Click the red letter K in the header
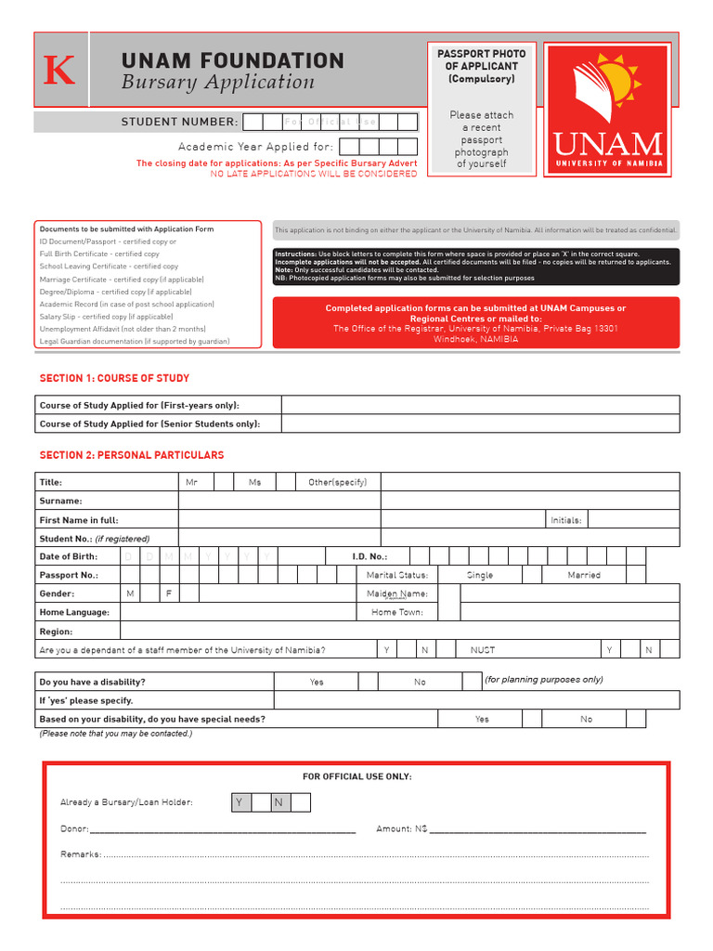click(x=59, y=72)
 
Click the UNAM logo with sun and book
click(x=607, y=111)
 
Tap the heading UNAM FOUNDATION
click(x=232, y=61)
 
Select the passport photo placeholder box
click(x=481, y=109)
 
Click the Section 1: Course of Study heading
click(x=114, y=378)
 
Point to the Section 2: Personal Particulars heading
click(x=131, y=455)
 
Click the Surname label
click(x=60, y=501)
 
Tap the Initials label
click(x=565, y=520)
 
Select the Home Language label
click(x=74, y=612)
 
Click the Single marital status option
click(x=480, y=575)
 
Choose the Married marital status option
click(x=584, y=575)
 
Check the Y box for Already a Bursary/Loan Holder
click(x=240, y=802)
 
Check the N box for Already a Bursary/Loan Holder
click(x=278, y=802)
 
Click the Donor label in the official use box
click(x=74, y=828)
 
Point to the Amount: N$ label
click(x=401, y=828)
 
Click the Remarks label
click(x=81, y=853)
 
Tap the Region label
click(x=56, y=632)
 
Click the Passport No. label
click(x=69, y=575)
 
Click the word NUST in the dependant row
click(x=483, y=650)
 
